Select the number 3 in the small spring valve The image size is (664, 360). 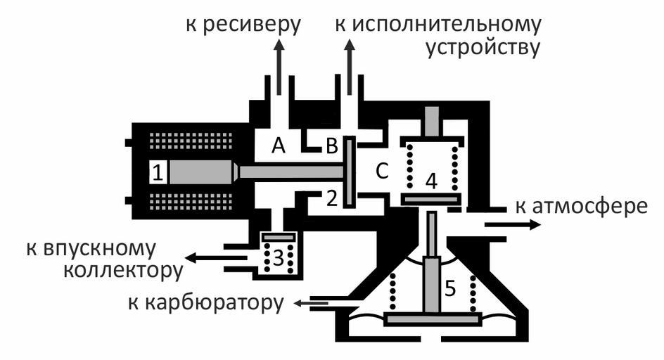(x=278, y=258)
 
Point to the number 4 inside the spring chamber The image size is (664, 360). (x=431, y=181)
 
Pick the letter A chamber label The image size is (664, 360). (x=279, y=146)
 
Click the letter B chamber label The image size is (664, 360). (x=331, y=147)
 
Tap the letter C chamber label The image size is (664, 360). (x=381, y=171)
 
